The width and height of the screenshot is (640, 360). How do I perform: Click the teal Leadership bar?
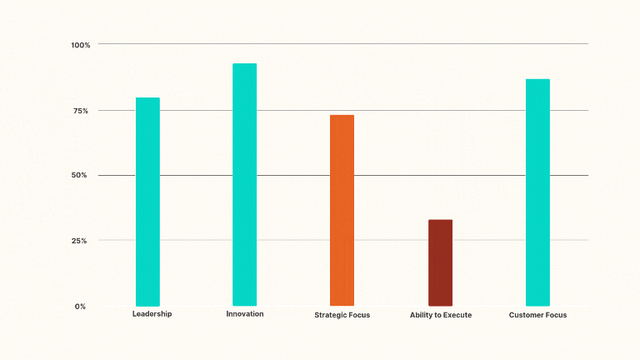(x=147, y=202)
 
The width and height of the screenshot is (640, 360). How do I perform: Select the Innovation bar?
(x=244, y=184)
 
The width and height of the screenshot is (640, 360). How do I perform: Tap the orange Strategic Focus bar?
(x=342, y=210)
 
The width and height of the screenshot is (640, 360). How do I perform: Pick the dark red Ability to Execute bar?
(x=440, y=262)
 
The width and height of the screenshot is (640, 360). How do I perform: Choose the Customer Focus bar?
(x=537, y=192)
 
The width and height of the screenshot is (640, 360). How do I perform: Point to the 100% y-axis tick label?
(x=81, y=44)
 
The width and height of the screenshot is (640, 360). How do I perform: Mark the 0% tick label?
(x=80, y=307)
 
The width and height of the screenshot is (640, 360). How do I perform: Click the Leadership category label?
(x=152, y=314)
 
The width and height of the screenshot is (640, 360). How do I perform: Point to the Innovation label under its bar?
(x=244, y=314)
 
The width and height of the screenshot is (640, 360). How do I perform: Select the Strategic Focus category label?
(x=342, y=315)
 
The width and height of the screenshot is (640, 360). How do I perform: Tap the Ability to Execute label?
(x=441, y=315)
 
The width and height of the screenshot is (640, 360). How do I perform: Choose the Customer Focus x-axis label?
(x=537, y=315)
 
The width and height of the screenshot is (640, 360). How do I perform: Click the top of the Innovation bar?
(x=244, y=64)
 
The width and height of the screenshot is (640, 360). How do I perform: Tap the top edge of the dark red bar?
(x=440, y=221)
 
